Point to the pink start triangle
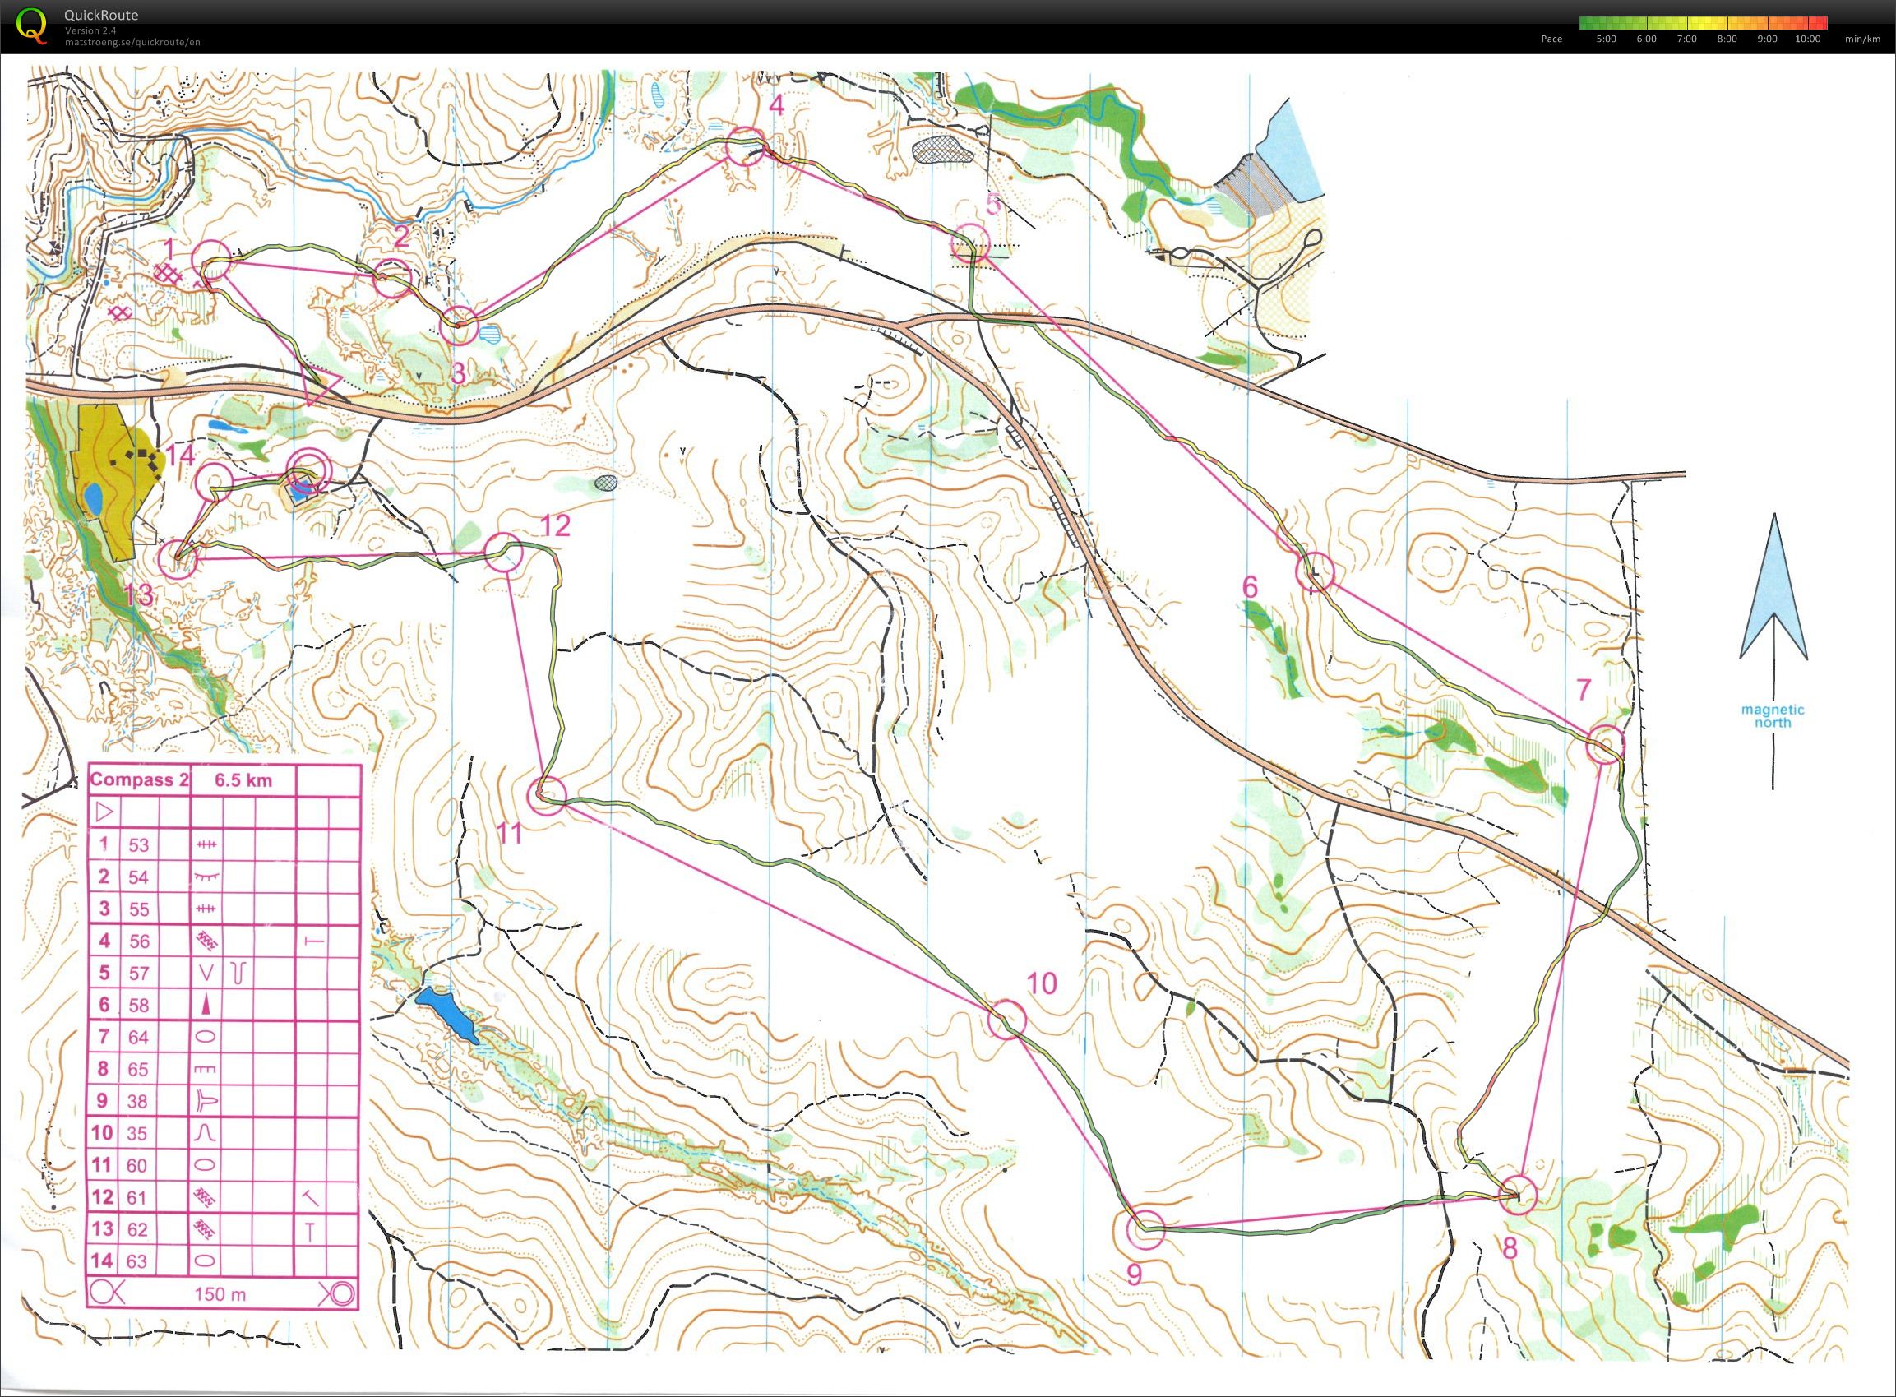[x=320, y=388]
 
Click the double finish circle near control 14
[x=306, y=470]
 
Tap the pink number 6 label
[x=1250, y=586]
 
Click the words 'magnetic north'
[x=1772, y=716]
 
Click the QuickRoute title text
[x=100, y=14]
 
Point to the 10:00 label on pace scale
[x=1807, y=39]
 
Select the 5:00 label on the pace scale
[x=1606, y=39]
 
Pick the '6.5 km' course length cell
[x=243, y=779]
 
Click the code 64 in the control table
[x=138, y=1037]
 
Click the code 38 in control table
[x=138, y=1101]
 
